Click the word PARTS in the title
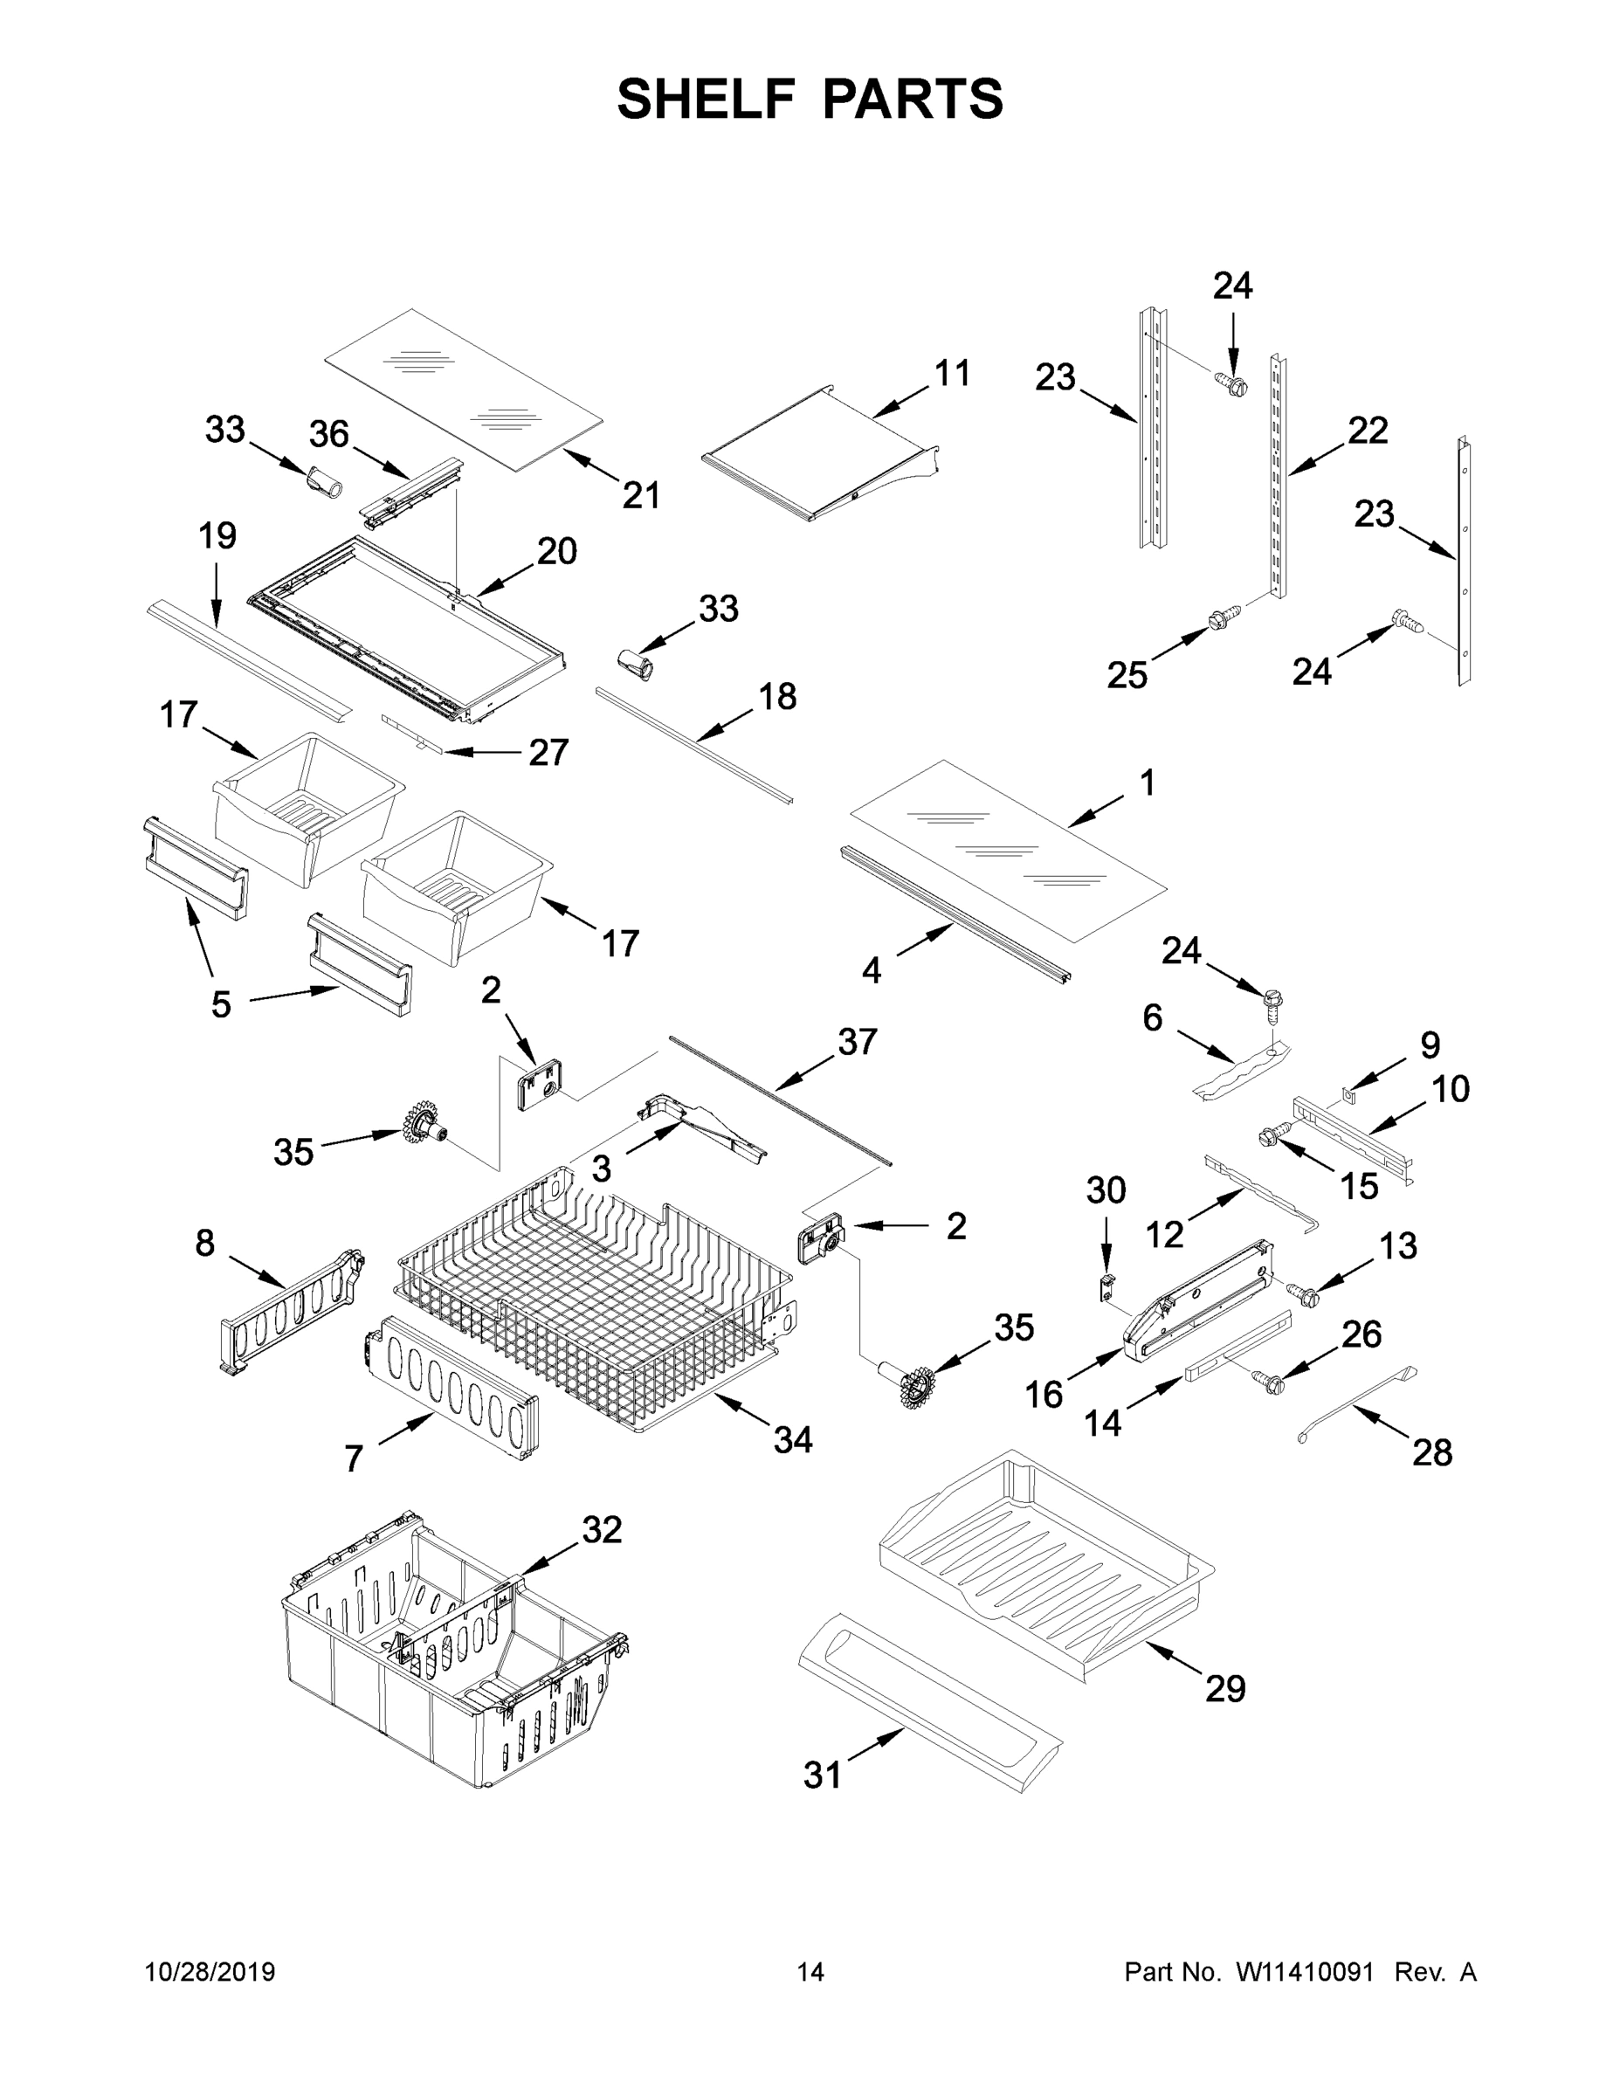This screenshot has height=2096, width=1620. pyautogui.click(x=913, y=99)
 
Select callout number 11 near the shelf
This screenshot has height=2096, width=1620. pyautogui.click(x=952, y=372)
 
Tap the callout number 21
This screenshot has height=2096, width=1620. pyautogui.click(x=641, y=495)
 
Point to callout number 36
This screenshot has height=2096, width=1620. pyautogui.click(x=328, y=435)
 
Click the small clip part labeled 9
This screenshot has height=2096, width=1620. pyautogui.click(x=1348, y=1091)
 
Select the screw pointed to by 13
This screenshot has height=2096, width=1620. pyautogui.click(x=1303, y=1293)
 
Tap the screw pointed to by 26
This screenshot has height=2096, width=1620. pyautogui.click(x=1269, y=1381)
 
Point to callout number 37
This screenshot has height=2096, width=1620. pyautogui.click(x=857, y=1041)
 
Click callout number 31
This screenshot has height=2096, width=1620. pyautogui.click(x=823, y=1775)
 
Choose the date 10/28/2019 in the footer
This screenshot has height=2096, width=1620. pyautogui.click(x=210, y=1972)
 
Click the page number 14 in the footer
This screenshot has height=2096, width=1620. pyautogui.click(x=810, y=1972)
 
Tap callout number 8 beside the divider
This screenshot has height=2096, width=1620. pyautogui.click(x=204, y=1243)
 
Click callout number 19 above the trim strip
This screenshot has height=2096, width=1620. pyautogui.click(x=217, y=535)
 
